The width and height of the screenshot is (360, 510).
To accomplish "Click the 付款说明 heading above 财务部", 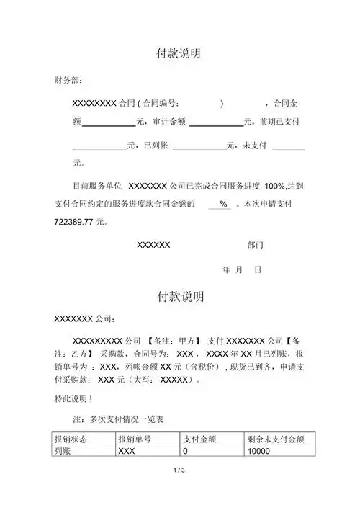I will (179, 54).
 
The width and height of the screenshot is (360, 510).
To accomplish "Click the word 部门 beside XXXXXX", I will (255, 245).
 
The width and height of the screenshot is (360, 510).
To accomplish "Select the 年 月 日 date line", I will (242, 269).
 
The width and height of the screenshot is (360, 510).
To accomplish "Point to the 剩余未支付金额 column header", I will (276, 439).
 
